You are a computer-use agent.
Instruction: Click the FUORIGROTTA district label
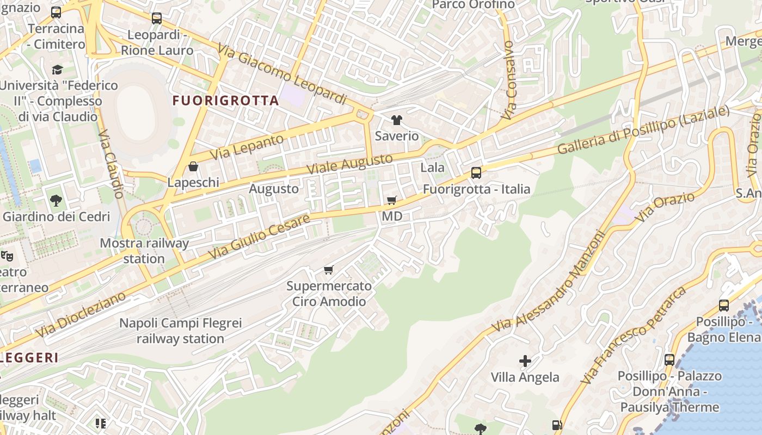(226, 101)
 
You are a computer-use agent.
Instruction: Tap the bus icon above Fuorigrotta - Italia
(476, 173)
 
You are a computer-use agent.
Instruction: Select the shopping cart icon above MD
(392, 201)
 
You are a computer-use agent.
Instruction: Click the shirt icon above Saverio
(397, 120)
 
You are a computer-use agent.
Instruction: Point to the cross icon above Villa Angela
(525, 361)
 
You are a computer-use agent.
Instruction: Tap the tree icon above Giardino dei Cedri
(56, 201)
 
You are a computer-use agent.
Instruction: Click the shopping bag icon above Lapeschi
(193, 166)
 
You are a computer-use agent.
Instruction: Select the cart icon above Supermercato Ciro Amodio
(329, 270)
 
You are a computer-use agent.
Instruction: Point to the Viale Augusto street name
(349, 164)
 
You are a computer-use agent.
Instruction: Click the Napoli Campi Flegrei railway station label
(180, 331)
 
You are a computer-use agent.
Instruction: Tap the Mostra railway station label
(144, 251)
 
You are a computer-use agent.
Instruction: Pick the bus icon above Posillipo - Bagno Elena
(724, 306)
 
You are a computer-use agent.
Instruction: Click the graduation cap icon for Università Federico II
(57, 70)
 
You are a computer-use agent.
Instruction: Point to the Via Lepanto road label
(247, 147)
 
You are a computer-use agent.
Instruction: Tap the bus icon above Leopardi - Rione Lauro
(157, 18)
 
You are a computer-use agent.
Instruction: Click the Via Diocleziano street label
(81, 314)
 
